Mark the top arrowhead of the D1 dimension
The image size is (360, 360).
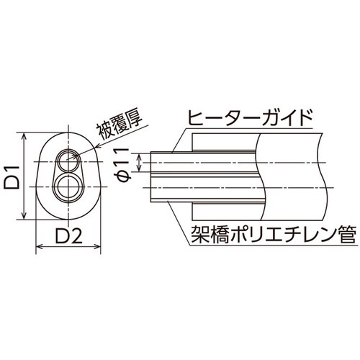point(25,135)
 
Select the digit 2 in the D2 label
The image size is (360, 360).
point(79,235)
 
